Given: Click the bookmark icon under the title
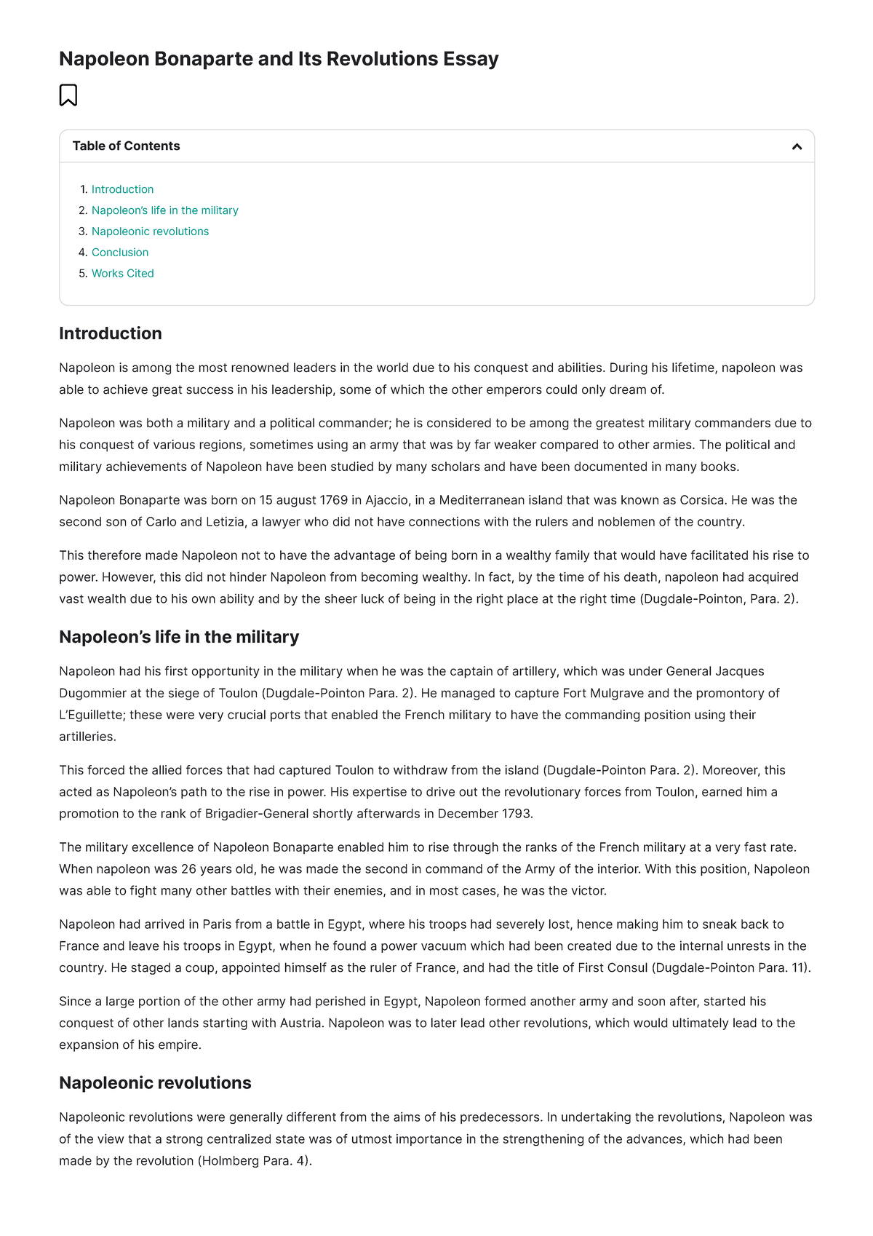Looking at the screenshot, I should [68, 95].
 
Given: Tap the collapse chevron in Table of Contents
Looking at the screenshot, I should [797, 146].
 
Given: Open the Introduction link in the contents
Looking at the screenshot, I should [122, 189].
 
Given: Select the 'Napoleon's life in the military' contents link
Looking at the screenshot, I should [164, 210].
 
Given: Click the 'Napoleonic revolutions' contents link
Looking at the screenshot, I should [150, 231].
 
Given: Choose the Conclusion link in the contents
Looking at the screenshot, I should [120, 253].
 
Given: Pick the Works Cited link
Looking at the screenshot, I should [122, 274].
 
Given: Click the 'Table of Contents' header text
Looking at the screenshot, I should [126, 146].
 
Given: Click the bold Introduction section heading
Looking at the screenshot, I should [111, 333].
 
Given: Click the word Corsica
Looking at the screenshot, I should [702, 500].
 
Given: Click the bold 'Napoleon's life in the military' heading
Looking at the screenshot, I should [179, 637].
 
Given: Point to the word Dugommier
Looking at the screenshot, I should [93, 693].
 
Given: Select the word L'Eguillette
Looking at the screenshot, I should [91, 715].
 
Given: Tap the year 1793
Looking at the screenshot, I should [516, 814].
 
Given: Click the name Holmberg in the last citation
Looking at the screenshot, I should [231, 1161].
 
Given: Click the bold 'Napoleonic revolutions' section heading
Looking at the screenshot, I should [155, 1083].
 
